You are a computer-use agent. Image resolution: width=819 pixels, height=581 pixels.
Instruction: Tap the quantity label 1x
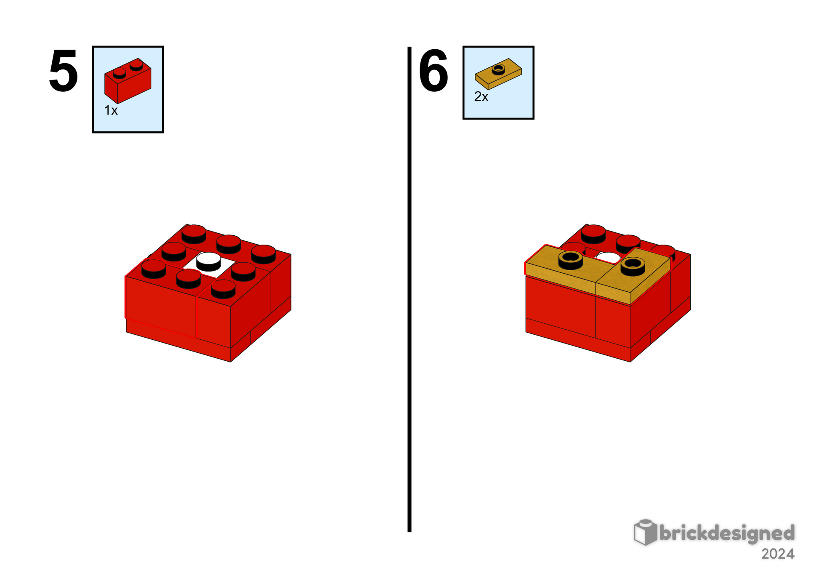click(111, 110)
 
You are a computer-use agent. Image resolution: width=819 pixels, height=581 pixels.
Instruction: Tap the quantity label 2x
click(481, 97)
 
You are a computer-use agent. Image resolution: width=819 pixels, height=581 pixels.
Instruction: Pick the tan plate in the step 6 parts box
click(498, 74)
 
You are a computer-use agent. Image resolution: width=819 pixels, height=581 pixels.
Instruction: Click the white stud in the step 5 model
click(208, 261)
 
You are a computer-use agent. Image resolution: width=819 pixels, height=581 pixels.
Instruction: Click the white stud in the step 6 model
click(608, 257)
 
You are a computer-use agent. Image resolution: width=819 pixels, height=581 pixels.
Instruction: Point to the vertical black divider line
click(409, 289)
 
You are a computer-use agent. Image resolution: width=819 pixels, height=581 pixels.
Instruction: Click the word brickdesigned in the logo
click(727, 533)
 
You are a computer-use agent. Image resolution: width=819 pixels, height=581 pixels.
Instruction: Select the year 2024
click(778, 554)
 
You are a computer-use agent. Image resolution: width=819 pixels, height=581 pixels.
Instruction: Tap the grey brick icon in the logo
click(645, 533)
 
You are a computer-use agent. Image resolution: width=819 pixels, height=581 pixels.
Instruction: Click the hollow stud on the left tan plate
click(571, 260)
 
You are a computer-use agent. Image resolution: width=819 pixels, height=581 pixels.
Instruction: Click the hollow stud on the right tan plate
click(633, 267)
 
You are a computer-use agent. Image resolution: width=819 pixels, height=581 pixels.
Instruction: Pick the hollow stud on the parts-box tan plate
click(498, 69)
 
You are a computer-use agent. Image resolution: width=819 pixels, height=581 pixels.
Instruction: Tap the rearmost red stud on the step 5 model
click(194, 234)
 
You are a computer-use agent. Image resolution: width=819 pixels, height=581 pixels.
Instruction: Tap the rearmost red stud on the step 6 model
click(593, 234)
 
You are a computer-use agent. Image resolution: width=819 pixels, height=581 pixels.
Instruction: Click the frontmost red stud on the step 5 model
click(223, 289)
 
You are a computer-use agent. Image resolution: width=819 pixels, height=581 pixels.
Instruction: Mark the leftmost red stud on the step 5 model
click(154, 269)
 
